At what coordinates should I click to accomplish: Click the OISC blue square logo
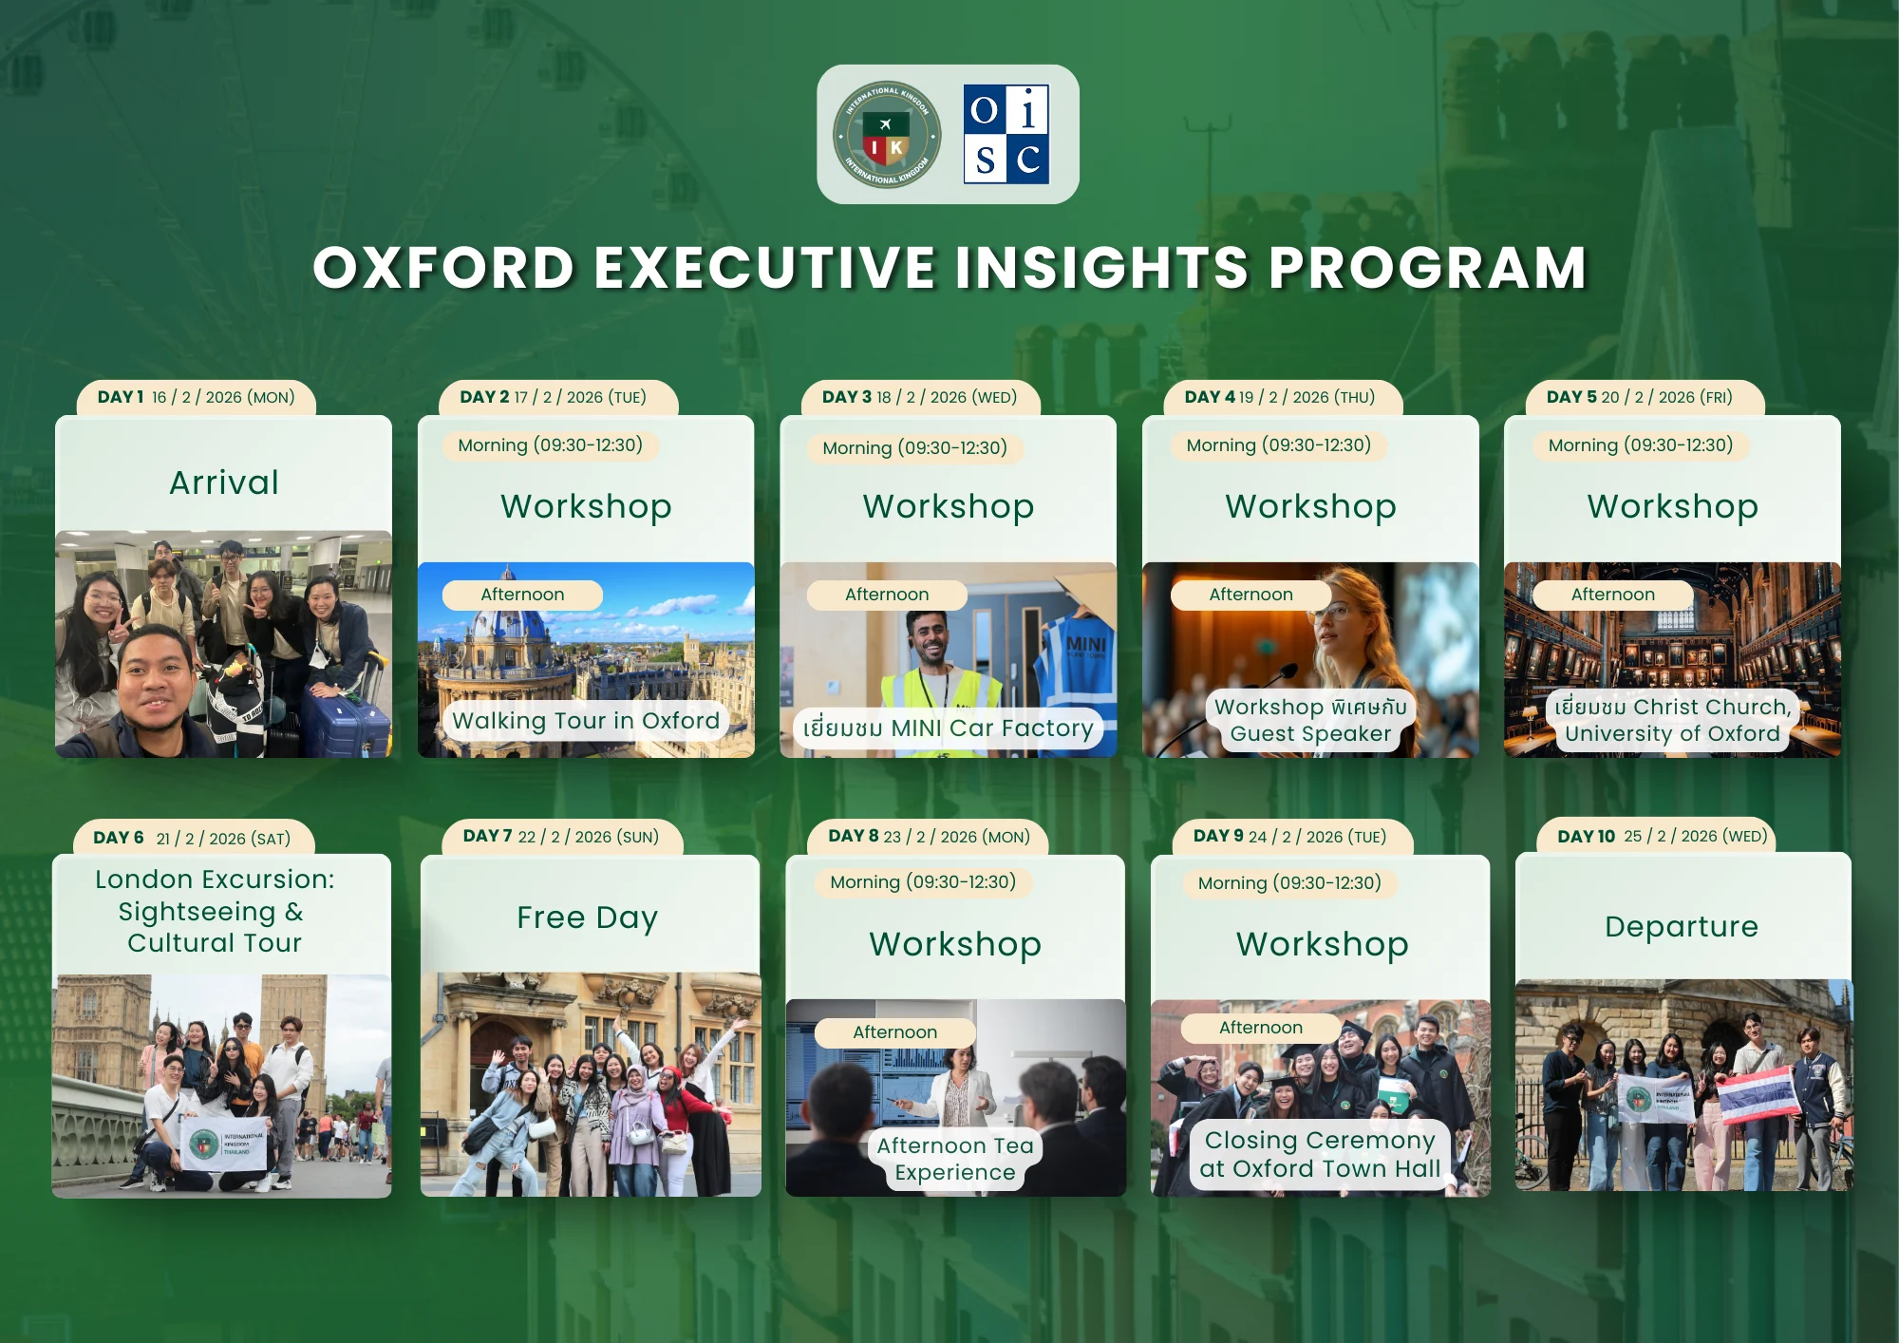[x=1006, y=134]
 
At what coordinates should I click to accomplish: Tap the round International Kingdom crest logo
[x=887, y=134]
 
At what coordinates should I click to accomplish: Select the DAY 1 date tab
[x=196, y=397]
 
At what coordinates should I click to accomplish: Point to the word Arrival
[x=224, y=482]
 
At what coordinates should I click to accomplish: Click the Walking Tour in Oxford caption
[x=586, y=721]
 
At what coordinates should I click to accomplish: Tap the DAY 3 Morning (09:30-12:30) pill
[x=914, y=447]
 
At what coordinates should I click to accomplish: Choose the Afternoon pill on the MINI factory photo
[x=887, y=595]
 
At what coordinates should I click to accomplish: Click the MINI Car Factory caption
[x=948, y=728]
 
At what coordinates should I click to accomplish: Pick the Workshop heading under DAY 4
[x=1310, y=506]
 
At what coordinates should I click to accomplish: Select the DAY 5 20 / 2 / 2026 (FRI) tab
[x=1645, y=397]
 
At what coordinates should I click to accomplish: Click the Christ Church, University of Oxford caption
[x=1672, y=720]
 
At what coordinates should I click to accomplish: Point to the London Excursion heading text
[x=215, y=911]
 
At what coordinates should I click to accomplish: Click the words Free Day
[x=588, y=917]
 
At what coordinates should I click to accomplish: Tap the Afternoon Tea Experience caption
[x=955, y=1159]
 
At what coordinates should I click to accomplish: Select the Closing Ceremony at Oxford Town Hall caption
[x=1320, y=1154]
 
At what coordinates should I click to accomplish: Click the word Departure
[x=1682, y=926]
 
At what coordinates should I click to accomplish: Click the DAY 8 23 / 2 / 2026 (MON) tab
[x=928, y=837]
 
